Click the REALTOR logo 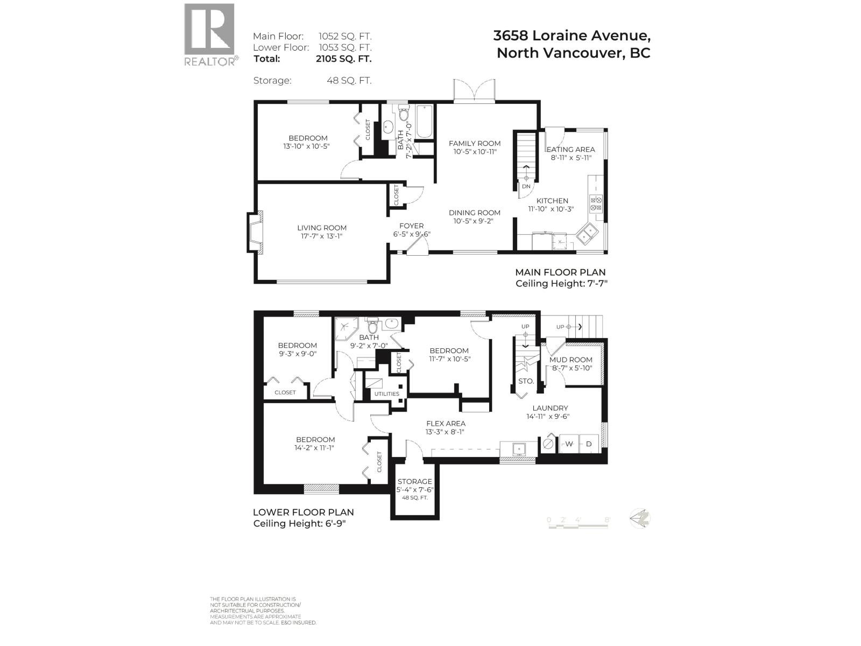[x=210, y=34]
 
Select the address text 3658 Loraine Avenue [x=571, y=36]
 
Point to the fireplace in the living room [x=256, y=233]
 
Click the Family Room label [x=475, y=143]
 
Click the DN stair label [x=526, y=186]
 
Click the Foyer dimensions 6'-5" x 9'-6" [x=412, y=234]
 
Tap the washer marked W [x=569, y=444]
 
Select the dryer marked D [x=589, y=444]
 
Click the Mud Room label [x=570, y=360]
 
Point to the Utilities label [x=387, y=394]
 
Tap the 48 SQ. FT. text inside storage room [x=414, y=497]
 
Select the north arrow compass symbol [x=640, y=518]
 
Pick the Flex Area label [x=446, y=424]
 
